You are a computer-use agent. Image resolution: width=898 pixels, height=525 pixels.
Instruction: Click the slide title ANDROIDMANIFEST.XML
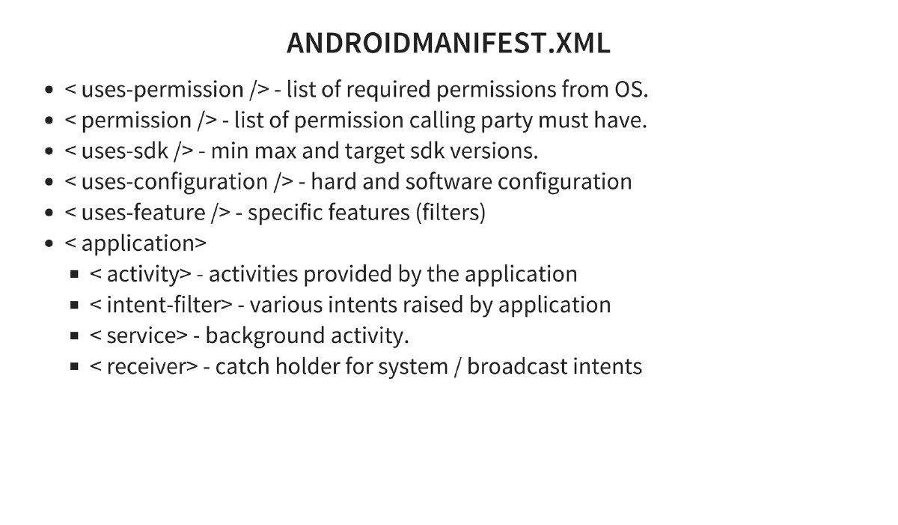tap(448, 43)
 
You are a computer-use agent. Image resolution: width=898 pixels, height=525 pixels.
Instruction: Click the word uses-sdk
tap(125, 151)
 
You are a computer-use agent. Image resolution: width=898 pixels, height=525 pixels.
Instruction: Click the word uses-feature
tap(143, 213)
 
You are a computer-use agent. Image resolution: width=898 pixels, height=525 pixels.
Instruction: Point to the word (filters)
tap(450, 213)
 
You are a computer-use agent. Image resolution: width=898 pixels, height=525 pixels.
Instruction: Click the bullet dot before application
tap(49, 244)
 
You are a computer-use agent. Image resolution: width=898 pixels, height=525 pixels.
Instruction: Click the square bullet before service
tap(75, 336)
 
